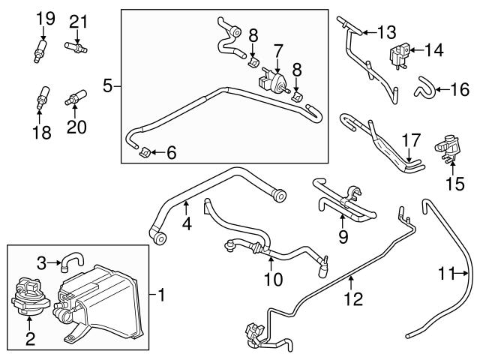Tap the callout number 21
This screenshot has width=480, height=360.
79,21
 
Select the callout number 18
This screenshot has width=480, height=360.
42,133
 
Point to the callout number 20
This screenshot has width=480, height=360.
76,127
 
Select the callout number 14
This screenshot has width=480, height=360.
436,51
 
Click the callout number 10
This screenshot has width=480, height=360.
274,280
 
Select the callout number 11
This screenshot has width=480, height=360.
447,274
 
